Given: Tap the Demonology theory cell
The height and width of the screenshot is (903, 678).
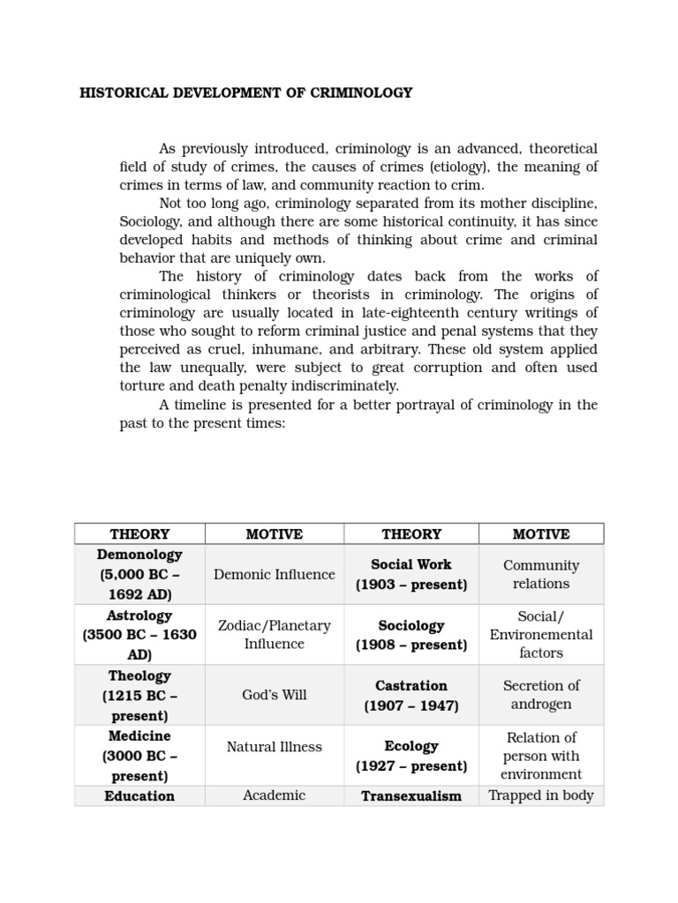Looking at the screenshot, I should [x=139, y=574].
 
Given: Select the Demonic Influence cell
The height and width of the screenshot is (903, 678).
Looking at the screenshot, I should [x=275, y=574].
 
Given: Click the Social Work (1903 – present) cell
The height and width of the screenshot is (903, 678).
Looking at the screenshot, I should [x=411, y=574].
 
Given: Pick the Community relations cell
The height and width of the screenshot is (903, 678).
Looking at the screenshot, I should [x=541, y=574].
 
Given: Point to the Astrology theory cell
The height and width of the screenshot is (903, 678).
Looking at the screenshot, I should [x=139, y=635].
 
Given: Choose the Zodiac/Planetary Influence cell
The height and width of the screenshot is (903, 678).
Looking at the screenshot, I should [x=275, y=635].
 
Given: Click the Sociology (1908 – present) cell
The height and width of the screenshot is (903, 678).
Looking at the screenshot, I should [x=411, y=635].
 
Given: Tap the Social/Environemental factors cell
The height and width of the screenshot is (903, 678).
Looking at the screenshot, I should [x=541, y=635].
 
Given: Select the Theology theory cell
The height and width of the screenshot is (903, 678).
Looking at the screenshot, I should [x=139, y=695].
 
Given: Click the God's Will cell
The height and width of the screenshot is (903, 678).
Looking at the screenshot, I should [x=275, y=695].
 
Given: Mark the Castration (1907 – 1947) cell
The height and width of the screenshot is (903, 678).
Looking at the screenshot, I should [x=411, y=695].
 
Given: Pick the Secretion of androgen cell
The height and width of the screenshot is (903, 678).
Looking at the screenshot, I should [x=541, y=695].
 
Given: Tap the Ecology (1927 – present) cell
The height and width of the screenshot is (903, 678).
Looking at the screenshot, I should [x=411, y=756].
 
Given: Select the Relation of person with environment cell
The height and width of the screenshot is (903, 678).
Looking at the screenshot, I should [x=541, y=756].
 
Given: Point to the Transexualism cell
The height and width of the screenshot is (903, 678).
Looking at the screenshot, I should [x=411, y=796].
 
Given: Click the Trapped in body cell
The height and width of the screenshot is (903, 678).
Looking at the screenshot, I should [x=541, y=795].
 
